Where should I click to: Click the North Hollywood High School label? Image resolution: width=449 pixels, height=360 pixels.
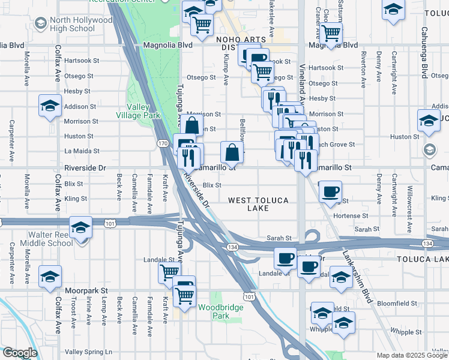(81, 24)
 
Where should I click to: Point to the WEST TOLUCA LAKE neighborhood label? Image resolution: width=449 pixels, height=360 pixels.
(258, 204)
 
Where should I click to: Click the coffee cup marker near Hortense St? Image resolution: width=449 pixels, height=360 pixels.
(330, 193)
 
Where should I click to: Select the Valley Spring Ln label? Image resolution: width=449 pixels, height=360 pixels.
(88, 352)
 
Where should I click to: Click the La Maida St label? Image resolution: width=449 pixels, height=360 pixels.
(81, 151)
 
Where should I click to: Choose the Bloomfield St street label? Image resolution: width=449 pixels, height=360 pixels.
(397, 304)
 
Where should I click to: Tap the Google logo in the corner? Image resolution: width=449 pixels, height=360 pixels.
(20, 353)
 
